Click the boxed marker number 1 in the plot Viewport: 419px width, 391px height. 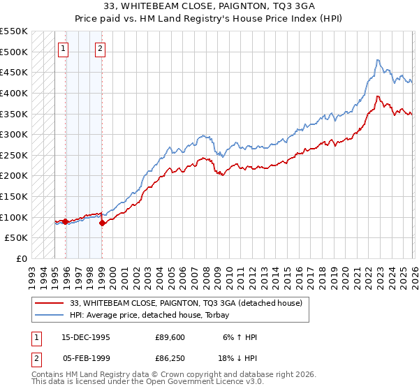[64, 49]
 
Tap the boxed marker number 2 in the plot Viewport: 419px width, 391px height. [101, 49]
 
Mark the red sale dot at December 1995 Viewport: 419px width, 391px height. [66, 221]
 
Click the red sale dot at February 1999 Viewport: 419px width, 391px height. [102, 223]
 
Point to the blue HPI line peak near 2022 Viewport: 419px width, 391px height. [377, 60]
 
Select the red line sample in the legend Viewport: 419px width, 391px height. [50, 303]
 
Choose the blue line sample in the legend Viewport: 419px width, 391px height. [50, 316]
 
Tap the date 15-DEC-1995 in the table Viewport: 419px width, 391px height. [86, 337]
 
